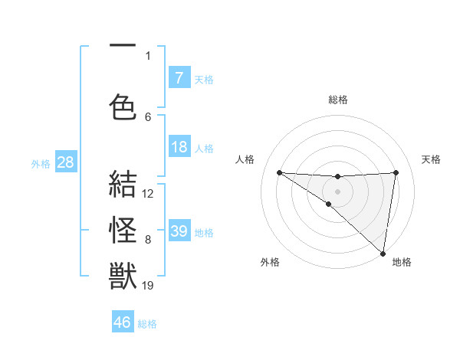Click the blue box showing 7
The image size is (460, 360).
[179, 78]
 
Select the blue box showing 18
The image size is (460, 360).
[179, 147]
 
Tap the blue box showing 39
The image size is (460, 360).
[179, 231]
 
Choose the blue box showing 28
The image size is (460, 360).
[65, 162]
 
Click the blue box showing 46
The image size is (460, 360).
[123, 322]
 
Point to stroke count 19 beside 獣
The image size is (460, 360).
[149, 286]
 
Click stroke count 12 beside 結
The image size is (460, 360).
[149, 193]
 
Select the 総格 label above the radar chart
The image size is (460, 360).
[338, 100]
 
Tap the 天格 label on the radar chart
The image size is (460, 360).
[432, 159]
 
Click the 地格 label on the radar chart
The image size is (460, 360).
[402, 262]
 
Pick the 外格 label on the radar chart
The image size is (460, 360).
[270, 262]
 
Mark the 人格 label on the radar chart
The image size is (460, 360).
[245, 159]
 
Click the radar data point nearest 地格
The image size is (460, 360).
[383, 254]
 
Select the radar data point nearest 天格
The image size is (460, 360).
[396, 172]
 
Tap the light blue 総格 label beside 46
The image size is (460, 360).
[148, 324]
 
